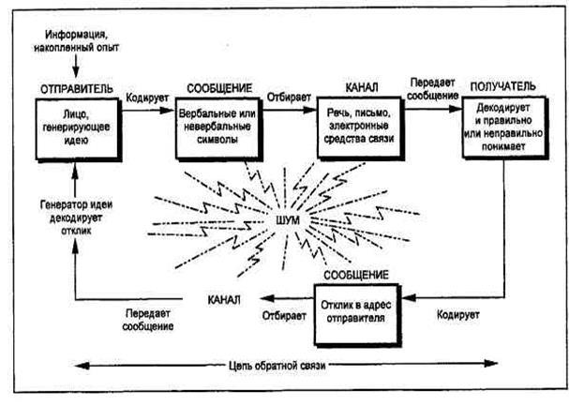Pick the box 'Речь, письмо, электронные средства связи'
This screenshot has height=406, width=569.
click(361, 128)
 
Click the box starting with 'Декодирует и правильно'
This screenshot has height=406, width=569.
click(501, 130)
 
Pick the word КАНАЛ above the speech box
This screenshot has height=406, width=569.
click(361, 85)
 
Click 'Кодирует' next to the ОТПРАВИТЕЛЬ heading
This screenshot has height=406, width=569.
click(147, 97)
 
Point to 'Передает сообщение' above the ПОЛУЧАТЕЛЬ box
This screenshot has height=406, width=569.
click(431, 89)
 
